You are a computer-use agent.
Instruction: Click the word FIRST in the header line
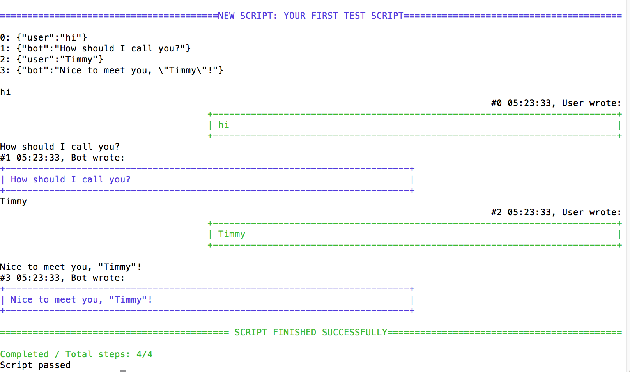coord(324,16)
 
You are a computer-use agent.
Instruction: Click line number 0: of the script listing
coord(5,37)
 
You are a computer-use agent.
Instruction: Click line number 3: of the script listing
coord(5,70)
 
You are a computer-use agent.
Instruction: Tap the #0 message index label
coord(496,103)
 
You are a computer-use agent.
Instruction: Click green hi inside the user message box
coord(223,125)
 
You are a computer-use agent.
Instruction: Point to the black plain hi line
coord(5,92)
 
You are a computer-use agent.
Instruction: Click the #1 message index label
coord(5,158)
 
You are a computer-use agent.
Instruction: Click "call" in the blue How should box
coord(93,179)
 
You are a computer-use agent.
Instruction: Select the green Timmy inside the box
coord(232,234)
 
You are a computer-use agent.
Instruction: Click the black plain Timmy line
coord(14,201)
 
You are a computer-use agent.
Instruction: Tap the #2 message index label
coord(496,212)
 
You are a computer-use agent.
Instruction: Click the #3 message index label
coord(5,278)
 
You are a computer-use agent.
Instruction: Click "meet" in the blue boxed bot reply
coord(65,299)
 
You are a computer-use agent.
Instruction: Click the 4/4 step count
coord(144,354)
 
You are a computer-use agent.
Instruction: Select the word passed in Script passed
coord(54,365)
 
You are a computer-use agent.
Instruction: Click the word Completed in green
coord(24,354)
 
